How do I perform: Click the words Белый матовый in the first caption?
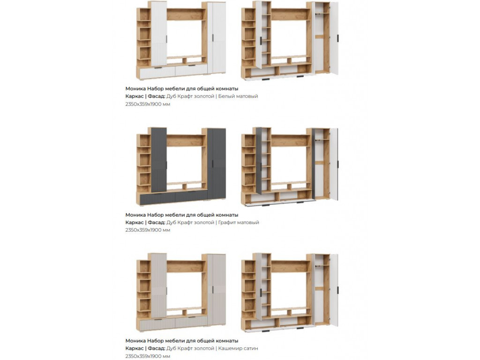(238, 96)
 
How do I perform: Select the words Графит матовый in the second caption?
(239, 222)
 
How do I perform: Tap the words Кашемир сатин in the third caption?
(238, 348)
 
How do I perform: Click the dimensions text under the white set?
(148, 104)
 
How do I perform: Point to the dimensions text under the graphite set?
(148, 230)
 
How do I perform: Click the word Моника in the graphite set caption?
(135, 215)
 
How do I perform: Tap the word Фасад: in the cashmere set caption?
(157, 348)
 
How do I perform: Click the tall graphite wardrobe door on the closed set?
(217, 164)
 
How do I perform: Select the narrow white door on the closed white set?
(159, 34)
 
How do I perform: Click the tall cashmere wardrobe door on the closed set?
(217, 290)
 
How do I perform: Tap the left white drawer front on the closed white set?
(157, 72)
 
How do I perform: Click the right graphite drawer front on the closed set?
(191, 196)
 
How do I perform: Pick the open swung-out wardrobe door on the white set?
(334, 38)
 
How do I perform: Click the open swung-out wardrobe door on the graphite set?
(334, 165)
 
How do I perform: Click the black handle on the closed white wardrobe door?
(212, 38)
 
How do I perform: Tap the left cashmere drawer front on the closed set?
(157, 324)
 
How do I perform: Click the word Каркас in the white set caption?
(135, 96)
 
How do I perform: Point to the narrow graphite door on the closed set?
(159, 160)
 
